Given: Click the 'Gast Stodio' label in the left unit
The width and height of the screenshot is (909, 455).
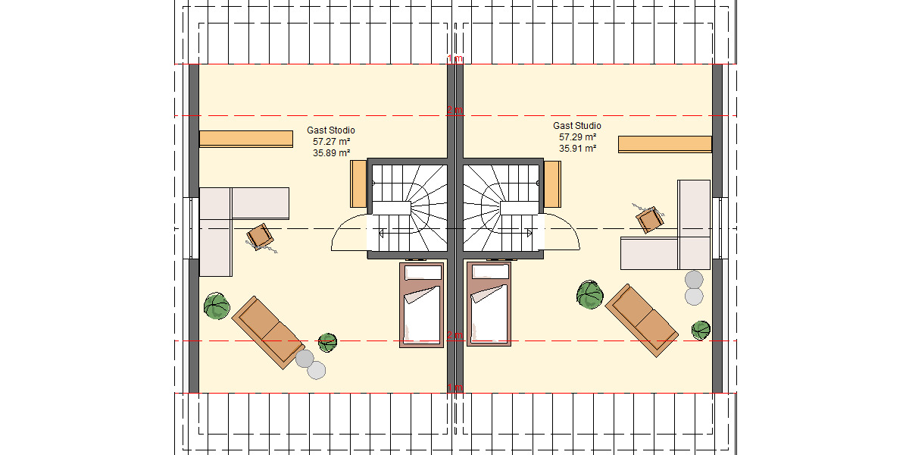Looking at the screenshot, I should pos(330,130).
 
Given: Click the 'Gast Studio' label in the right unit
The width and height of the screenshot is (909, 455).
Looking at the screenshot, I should pos(577,126).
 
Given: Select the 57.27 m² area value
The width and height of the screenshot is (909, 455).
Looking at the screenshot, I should pos(330,141).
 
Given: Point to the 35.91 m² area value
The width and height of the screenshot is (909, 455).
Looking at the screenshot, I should pos(577,149).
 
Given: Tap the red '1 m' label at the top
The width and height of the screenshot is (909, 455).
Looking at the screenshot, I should pos(454,59).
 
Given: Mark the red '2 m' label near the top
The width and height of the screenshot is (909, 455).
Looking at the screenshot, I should pos(454,111).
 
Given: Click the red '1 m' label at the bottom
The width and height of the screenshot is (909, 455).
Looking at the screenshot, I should pos(454,388).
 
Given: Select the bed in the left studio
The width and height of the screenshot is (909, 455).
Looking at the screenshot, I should pos(422,305).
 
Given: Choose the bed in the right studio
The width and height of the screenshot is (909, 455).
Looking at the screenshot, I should pos(489,305).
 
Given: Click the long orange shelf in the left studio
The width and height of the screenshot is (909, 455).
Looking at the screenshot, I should pos(246,139).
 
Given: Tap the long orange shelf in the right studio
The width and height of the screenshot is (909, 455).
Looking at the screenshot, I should pos(665,144).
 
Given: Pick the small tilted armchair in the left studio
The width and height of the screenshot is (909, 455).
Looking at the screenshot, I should pos(261,236).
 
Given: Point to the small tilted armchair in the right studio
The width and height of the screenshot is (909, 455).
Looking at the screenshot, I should pos(649,220).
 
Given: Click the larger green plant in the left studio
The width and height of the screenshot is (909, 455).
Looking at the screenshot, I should pos(217,306).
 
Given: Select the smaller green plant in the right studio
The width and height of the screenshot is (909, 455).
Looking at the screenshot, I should pos(701,330).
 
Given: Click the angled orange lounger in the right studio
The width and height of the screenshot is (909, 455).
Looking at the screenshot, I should pos(641,319).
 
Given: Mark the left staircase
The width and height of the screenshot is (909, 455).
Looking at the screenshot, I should pos(409,209).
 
